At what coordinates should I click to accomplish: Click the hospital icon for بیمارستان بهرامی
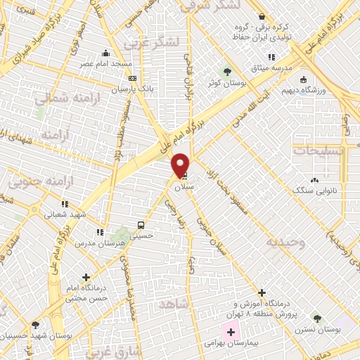[x=231, y=331]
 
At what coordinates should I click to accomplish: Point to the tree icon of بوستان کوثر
[x=227, y=72]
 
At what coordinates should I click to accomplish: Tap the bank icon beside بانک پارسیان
[x=131, y=79]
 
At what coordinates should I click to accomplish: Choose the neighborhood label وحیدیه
[x=285, y=243]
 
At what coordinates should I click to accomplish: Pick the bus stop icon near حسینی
[x=142, y=226]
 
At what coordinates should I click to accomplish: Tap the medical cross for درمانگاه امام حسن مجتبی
[x=86, y=278]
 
